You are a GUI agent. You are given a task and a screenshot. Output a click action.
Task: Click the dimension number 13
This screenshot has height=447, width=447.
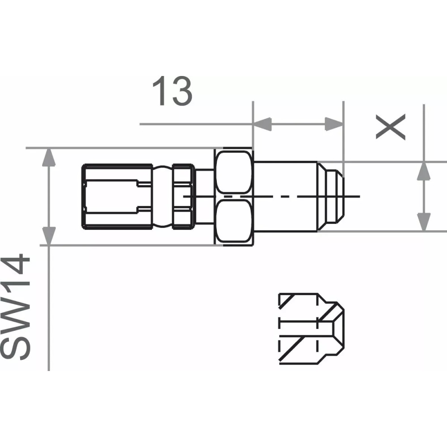(x=173, y=91)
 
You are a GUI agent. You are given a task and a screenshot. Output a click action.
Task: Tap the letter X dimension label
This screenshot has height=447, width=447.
(x=391, y=127)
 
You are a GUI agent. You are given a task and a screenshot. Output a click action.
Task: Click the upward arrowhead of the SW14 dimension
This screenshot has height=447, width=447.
(x=49, y=158)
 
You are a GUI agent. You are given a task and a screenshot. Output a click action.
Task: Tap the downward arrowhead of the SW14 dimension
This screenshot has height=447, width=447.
(x=49, y=235)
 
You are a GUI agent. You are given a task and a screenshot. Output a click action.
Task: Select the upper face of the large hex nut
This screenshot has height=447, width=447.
(x=233, y=172)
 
